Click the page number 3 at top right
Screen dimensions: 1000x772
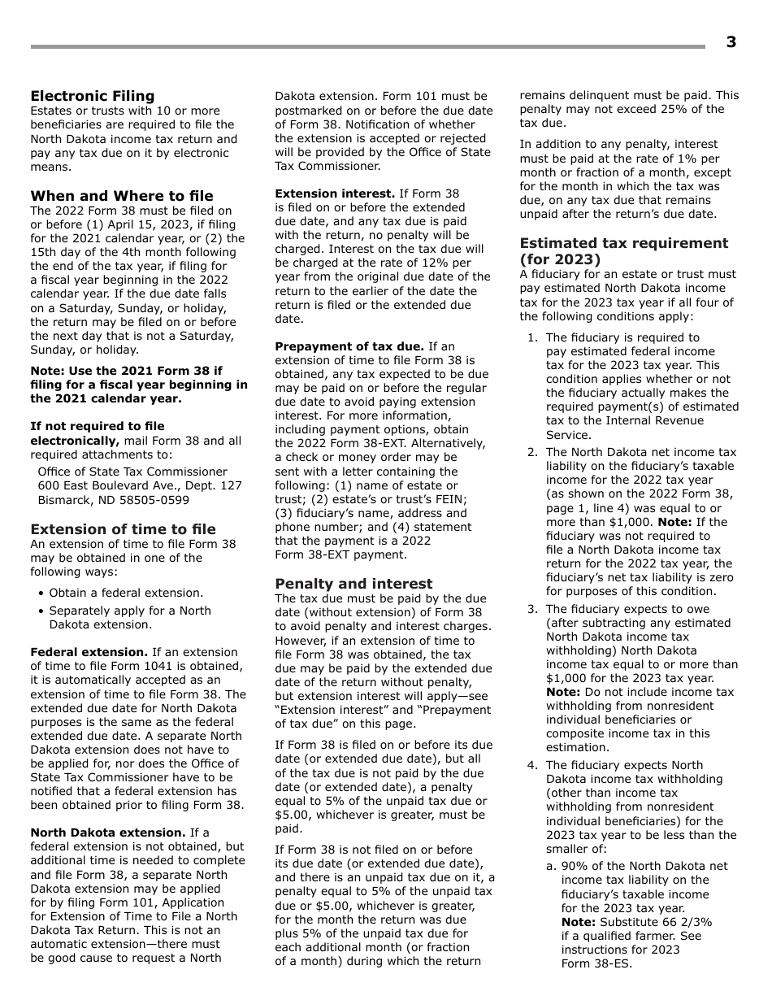(731, 42)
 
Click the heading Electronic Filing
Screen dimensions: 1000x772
(93, 96)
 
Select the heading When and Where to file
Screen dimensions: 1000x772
(122, 196)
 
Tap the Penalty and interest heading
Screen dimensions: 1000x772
(353, 584)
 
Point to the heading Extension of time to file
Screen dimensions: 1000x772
(124, 529)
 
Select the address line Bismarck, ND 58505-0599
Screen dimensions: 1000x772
(114, 500)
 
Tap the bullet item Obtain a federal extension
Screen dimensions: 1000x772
(126, 593)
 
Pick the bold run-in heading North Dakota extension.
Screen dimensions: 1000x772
(108, 833)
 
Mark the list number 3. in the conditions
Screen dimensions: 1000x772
(532, 609)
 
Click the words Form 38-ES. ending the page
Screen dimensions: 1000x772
(596, 963)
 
